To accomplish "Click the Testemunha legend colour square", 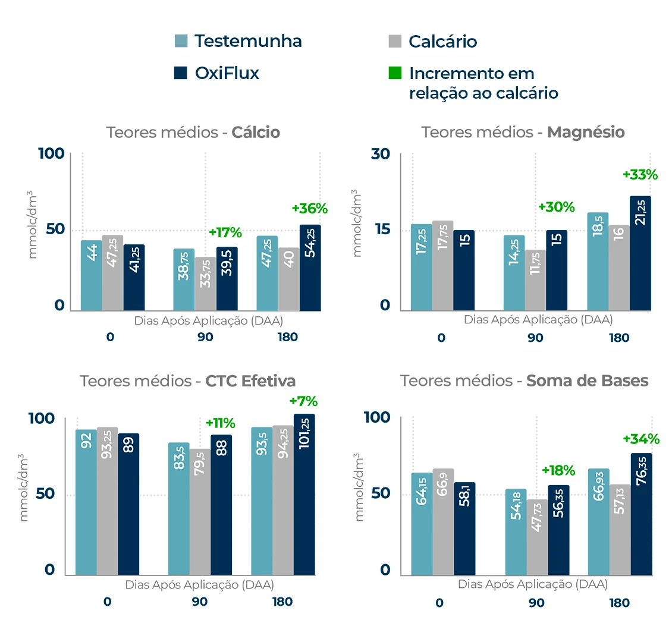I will [181, 41].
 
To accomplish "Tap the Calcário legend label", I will [442, 42].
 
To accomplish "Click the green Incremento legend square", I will [395, 73].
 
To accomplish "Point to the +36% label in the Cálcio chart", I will [309, 209].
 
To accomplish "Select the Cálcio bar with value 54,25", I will [310, 267].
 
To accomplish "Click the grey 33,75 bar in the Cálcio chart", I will [206, 284].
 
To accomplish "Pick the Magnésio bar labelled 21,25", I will [640, 253].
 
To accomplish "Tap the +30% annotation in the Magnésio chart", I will [556, 207].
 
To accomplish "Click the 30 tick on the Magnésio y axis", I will [381, 154].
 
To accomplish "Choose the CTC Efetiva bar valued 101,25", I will [304, 495].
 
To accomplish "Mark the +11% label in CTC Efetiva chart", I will [220, 423].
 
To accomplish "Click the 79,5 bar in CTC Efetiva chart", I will [200, 512].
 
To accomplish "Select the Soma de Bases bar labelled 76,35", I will [641, 514].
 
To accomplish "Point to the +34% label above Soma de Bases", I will [641, 439].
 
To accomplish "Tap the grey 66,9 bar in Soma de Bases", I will [443, 522].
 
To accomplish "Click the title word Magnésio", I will [586, 132].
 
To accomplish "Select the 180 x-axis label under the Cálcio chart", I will [287, 337].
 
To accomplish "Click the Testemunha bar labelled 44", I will [92, 275].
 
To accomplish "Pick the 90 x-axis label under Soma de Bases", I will [536, 603].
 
